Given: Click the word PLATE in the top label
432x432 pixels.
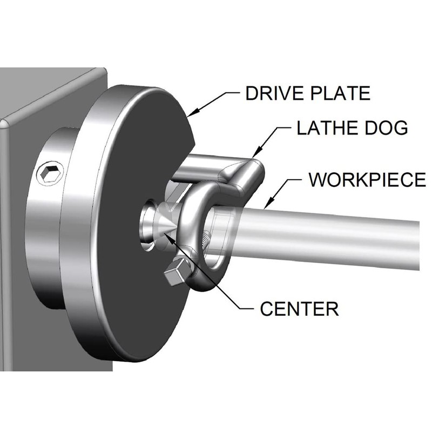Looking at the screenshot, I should click(337, 93).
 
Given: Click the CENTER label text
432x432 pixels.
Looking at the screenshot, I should click(299, 309).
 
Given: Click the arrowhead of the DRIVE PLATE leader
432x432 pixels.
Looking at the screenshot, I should click(190, 115).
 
